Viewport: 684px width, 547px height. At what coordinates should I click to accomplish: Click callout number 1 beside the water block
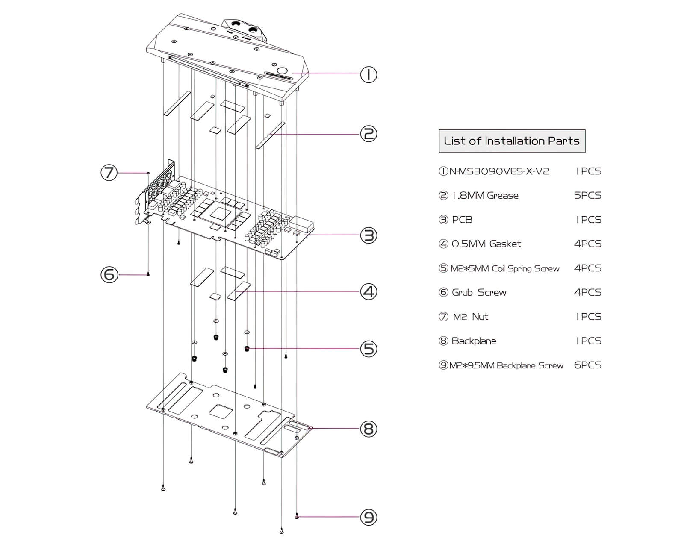[369, 75]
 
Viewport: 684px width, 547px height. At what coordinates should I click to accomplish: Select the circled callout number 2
[369, 134]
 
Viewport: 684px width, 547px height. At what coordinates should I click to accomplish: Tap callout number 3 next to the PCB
[369, 235]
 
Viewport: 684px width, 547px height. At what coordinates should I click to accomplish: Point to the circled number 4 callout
[369, 291]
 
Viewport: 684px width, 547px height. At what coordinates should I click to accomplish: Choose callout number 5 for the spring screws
[369, 349]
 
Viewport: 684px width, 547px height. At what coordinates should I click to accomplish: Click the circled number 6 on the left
[109, 274]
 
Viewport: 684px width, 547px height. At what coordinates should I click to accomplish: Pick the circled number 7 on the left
[109, 173]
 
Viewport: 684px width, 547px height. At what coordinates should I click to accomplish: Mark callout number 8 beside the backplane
[369, 428]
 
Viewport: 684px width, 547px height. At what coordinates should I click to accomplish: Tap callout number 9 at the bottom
[369, 517]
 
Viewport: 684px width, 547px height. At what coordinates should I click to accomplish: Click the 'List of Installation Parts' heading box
[512, 141]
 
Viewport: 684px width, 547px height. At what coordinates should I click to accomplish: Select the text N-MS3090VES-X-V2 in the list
[499, 171]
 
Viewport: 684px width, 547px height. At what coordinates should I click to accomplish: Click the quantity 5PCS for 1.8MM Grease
[587, 195]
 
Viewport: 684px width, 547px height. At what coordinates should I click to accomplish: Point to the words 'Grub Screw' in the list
[479, 293]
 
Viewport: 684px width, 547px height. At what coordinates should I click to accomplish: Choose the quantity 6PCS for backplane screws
[587, 365]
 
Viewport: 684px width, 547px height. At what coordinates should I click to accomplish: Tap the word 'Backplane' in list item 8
[474, 341]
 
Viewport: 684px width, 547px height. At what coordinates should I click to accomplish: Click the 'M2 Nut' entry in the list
[470, 317]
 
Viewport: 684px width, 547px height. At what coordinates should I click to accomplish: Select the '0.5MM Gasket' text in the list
[486, 244]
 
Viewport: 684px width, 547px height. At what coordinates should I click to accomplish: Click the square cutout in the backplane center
[220, 411]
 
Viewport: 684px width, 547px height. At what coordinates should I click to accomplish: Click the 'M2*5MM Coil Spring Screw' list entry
[504, 268]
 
